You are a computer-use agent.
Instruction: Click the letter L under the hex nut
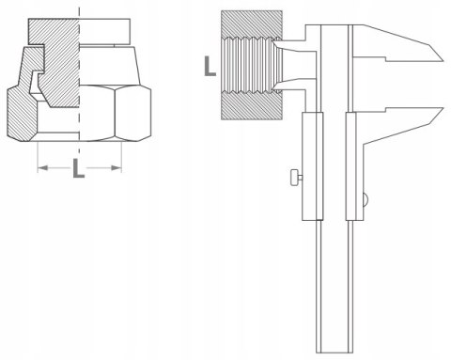79,168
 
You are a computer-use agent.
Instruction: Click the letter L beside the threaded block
210,66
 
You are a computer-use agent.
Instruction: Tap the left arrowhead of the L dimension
42,168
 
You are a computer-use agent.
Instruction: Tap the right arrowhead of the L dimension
117,168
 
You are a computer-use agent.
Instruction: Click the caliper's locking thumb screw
296,178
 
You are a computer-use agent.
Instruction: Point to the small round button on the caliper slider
365,198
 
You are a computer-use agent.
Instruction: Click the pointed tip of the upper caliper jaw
443,60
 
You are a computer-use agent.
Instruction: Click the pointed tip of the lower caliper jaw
443,108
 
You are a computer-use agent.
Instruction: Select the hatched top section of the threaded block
252,24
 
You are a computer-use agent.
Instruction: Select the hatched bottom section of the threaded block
252,106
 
